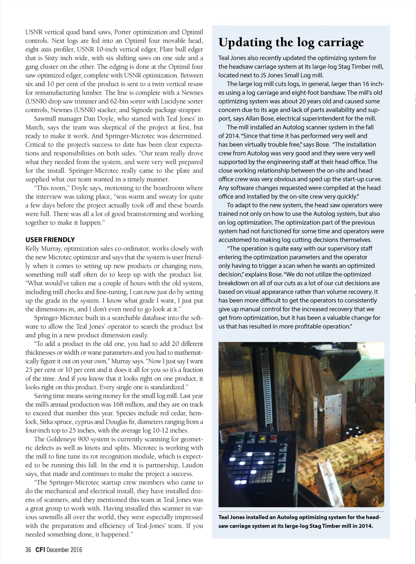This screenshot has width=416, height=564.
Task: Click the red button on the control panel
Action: [272, 438]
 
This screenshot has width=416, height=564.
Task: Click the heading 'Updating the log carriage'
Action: [291, 43]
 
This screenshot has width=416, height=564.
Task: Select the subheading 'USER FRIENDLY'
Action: [50, 240]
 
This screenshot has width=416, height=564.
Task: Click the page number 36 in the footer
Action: [28, 550]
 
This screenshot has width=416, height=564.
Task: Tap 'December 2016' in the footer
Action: [64, 550]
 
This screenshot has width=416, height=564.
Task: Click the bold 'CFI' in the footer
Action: [40, 550]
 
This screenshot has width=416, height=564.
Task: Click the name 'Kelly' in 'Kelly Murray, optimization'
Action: [33, 249]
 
